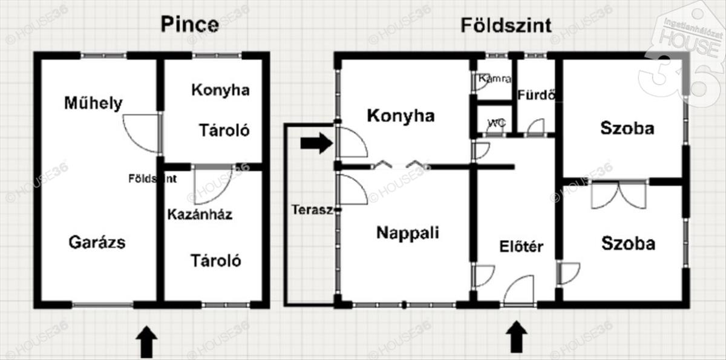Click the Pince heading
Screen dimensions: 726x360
pyautogui.click(x=190, y=24)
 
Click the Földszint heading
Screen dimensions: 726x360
pyautogui.click(x=506, y=25)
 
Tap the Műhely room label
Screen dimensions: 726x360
pyautogui.click(x=93, y=103)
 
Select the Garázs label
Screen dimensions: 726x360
pyautogui.click(x=97, y=243)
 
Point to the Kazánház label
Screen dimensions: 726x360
pyautogui.click(x=200, y=215)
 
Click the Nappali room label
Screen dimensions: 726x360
pyautogui.click(x=408, y=233)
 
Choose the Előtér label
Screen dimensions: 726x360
pyautogui.click(x=521, y=247)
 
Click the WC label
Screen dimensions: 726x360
pyautogui.click(x=497, y=123)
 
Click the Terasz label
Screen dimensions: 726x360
pyautogui.click(x=312, y=210)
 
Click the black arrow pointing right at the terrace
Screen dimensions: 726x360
pyautogui.click(x=316, y=143)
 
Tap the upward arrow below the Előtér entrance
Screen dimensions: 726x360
pyautogui.click(x=517, y=336)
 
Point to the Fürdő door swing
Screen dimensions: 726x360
pyautogui.click(x=537, y=126)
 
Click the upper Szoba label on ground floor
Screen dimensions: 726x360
pyautogui.click(x=627, y=128)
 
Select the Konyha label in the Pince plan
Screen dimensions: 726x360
pyautogui.click(x=220, y=90)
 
